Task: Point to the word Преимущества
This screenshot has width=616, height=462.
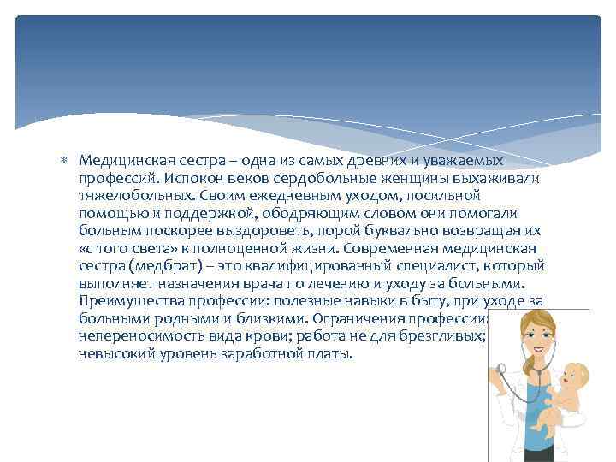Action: pos(123,301)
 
